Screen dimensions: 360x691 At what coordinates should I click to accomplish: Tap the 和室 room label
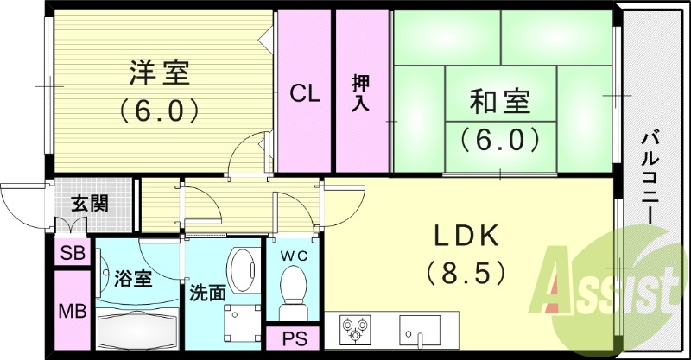pos(501,103)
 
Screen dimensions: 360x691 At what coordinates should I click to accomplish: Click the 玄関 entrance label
pos(90,204)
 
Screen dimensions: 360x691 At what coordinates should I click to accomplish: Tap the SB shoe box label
pos(72,253)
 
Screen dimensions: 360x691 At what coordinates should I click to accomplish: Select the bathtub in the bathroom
pos(137,331)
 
